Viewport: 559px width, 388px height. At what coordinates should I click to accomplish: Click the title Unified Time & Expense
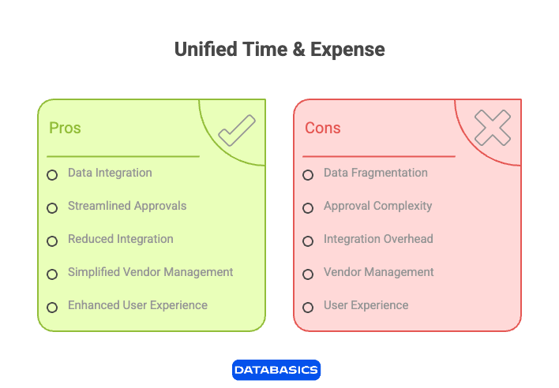279,50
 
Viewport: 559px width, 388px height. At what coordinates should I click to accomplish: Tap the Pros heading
65,128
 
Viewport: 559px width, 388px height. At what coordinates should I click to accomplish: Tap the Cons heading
322,128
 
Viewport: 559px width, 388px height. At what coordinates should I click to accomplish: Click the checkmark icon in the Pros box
236,130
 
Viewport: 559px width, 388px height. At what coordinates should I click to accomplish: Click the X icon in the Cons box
493,128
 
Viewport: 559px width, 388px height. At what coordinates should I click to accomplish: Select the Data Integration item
110,173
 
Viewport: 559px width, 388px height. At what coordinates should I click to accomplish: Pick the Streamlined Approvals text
127,206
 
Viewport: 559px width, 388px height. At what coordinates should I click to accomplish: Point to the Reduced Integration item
120,239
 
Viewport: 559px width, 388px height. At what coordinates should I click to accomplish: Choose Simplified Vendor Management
150,272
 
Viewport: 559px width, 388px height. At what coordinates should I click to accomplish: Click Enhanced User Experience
137,305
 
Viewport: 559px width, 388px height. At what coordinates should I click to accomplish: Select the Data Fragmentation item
375,173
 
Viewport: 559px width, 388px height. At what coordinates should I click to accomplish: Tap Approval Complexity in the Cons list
377,206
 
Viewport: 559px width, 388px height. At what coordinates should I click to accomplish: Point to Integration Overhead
378,239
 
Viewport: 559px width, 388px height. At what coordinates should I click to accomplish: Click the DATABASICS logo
276,369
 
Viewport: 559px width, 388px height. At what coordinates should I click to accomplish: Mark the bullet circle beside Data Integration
52,175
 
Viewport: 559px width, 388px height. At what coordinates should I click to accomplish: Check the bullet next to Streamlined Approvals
52,208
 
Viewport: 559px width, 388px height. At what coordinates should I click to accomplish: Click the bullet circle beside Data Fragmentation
308,175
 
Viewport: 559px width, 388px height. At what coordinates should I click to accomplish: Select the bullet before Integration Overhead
308,241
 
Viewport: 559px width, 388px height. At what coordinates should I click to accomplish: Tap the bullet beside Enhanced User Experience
52,308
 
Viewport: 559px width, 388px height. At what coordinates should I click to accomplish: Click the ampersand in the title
298,50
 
